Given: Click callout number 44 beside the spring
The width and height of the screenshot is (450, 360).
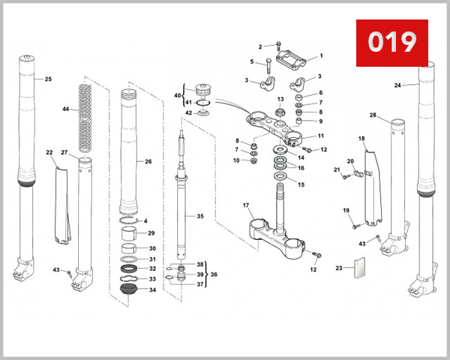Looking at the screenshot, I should point(66,109).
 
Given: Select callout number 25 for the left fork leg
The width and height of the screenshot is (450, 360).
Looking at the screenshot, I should point(48,79).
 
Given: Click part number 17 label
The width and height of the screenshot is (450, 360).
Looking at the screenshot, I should point(246,205).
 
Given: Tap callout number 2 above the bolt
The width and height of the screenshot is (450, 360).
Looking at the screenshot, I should point(260,46).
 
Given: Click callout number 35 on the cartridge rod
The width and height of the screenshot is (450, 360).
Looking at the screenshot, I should point(199,216).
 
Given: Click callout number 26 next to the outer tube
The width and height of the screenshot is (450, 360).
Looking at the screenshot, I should point(148,161).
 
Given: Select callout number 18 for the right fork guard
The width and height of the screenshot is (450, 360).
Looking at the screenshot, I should point(361,139).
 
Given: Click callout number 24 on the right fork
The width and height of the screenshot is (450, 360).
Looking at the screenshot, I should point(397,85).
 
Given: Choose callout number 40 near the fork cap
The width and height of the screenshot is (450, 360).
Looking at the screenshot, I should point(177,96).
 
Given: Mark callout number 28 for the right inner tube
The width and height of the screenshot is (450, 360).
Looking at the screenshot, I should point(373,115).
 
